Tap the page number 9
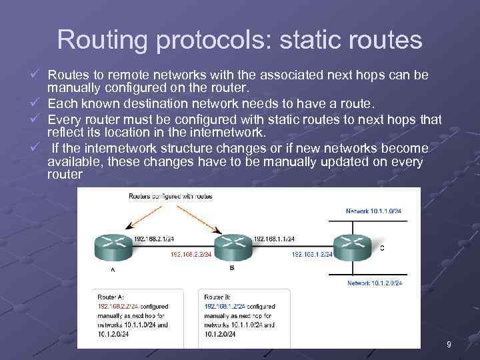pyautogui.click(x=449, y=344)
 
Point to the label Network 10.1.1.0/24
pyautogui.click(x=374, y=211)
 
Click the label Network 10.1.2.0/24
pyautogui.click(x=374, y=283)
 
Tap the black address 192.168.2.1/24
pyautogui.click(x=154, y=238)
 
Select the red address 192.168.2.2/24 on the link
pyautogui.click(x=191, y=254)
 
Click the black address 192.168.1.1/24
pyautogui.click(x=274, y=238)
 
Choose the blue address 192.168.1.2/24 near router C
pyautogui.click(x=312, y=254)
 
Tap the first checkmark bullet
pyautogui.click(x=41, y=73)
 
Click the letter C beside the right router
pyautogui.click(x=382, y=248)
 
